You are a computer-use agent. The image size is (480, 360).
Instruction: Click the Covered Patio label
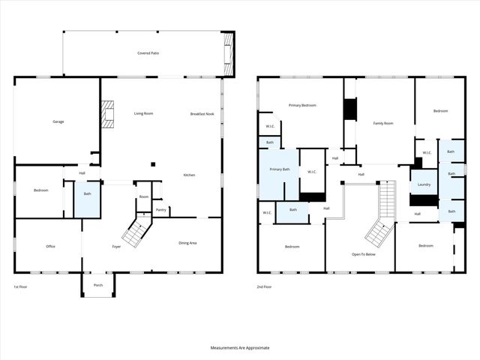(148, 53)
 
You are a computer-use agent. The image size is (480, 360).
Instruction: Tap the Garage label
(58, 121)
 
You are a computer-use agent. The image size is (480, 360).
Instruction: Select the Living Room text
(143, 113)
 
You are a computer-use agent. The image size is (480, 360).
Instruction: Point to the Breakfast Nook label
(202, 113)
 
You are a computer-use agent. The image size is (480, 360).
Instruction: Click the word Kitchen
(189, 175)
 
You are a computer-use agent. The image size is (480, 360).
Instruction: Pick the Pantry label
(160, 210)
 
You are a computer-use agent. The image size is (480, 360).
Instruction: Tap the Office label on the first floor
(51, 246)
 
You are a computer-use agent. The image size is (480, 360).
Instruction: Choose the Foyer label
(117, 246)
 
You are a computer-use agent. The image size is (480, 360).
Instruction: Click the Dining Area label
(187, 242)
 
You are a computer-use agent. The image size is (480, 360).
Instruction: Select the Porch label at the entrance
(97, 284)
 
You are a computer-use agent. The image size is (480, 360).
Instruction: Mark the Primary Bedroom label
(302, 105)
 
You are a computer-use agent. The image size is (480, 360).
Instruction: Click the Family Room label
(382, 122)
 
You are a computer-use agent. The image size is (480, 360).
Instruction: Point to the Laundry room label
(424, 184)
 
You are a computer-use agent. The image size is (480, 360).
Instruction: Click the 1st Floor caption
(21, 287)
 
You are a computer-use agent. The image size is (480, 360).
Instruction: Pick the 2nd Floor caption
(265, 287)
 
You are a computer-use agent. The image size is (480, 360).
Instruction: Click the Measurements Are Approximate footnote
(239, 348)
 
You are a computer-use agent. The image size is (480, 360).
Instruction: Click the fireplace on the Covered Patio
(228, 53)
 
